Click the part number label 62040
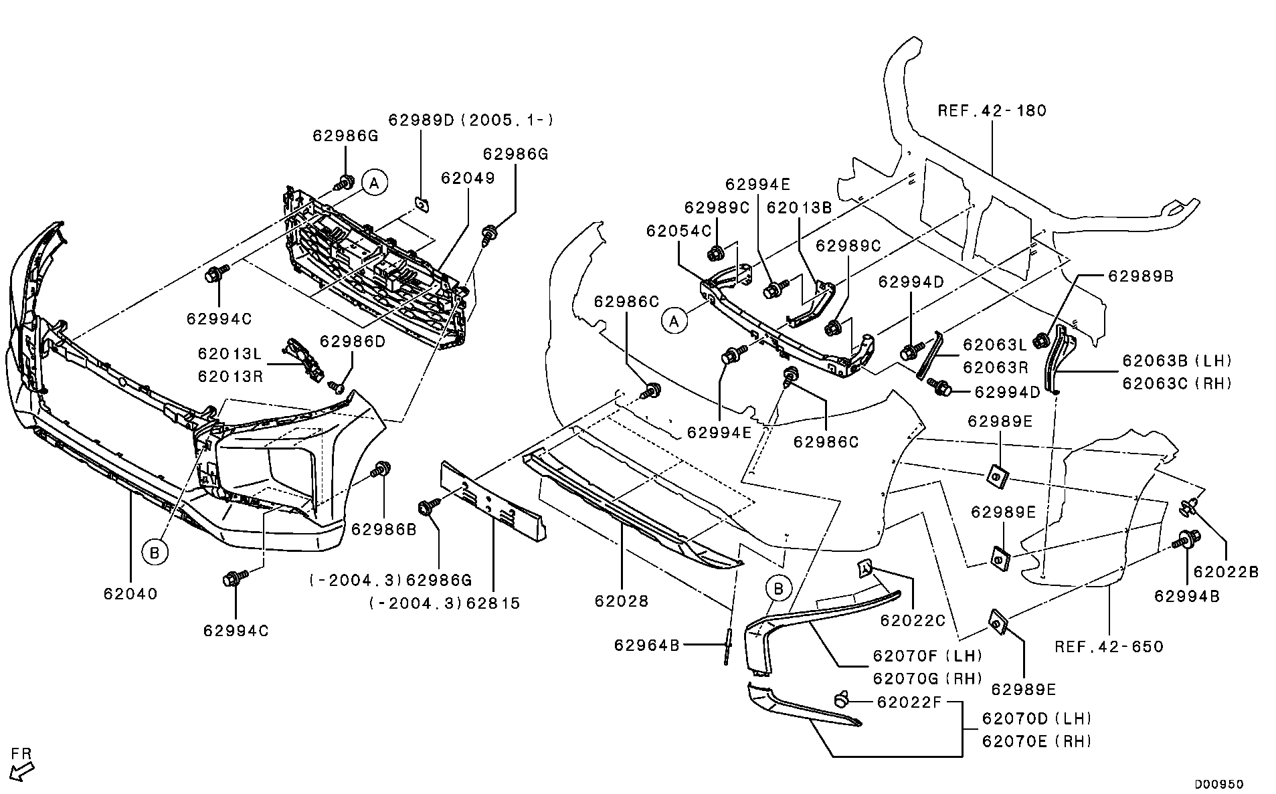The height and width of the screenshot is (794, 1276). pyautogui.click(x=130, y=593)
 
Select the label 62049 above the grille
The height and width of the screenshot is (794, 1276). pyautogui.click(x=468, y=178)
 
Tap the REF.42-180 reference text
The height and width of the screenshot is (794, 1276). pyautogui.click(x=992, y=110)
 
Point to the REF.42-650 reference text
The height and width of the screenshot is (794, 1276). pyautogui.click(x=1109, y=646)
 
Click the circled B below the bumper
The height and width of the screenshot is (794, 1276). pyautogui.click(x=155, y=552)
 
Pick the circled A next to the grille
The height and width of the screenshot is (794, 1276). pyautogui.click(x=375, y=182)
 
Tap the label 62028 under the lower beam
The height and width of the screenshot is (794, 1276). pyautogui.click(x=622, y=601)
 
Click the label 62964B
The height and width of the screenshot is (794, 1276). pyautogui.click(x=646, y=645)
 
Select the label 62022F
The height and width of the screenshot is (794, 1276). pyautogui.click(x=909, y=702)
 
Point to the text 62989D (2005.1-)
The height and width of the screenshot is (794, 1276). pyautogui.click(x=471, y=120)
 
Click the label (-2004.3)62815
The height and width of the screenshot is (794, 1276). pyautogui.click(x=444, y=603)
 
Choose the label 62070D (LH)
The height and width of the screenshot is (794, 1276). pyautogui.click(x=1036, y=718)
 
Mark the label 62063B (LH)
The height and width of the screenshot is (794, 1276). pyautogui.click(x=1177, y=361)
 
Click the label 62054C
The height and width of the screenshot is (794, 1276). pyautogui.click(x=678, y=231)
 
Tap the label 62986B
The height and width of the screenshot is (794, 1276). pyautogui.click(x=383, y=529)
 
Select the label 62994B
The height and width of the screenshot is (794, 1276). pyautogui.click(x=1187, y=596)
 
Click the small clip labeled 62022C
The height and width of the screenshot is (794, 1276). pyautogui.click(x=864, y=569)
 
